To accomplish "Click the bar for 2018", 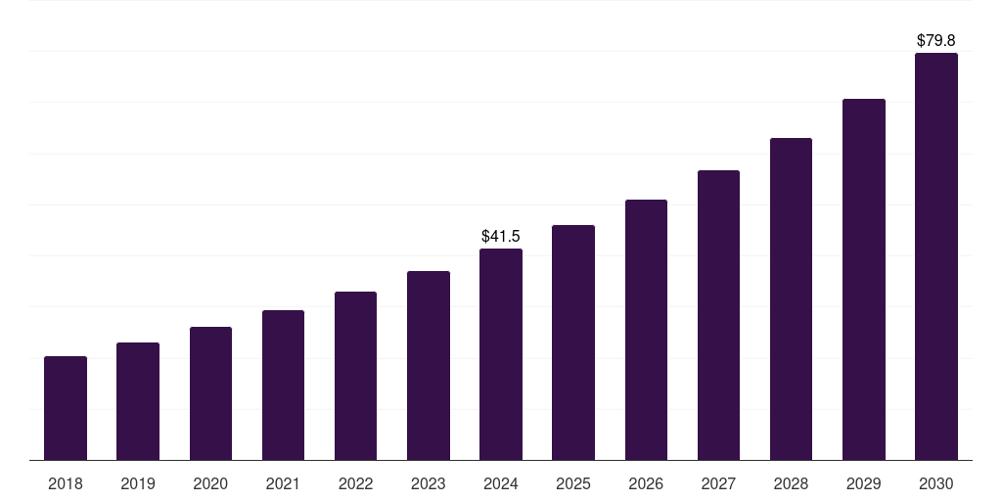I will point(66,408).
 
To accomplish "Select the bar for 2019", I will point(138,401).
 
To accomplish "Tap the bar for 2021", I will point(283,386).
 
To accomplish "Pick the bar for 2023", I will point(429,366).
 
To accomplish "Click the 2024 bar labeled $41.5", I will point(501,354).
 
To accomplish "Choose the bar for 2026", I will point(646,330).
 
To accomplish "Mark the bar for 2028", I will point(791,299).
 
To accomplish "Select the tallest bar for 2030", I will point(936,256).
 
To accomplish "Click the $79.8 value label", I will point(936,40).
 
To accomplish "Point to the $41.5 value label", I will point(501,236).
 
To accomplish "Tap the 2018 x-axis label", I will point(66,483).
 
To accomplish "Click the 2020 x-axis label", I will point(210,483).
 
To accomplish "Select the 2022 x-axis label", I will point(355,483).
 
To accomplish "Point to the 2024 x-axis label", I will point(501,483).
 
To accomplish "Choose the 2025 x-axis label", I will point(573,483).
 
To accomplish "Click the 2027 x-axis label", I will point(718,483).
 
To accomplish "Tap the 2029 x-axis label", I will point(863,483).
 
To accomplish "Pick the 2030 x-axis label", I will point(936,483).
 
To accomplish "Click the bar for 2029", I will point(863,280).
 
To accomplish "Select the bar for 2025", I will point(573,342).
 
